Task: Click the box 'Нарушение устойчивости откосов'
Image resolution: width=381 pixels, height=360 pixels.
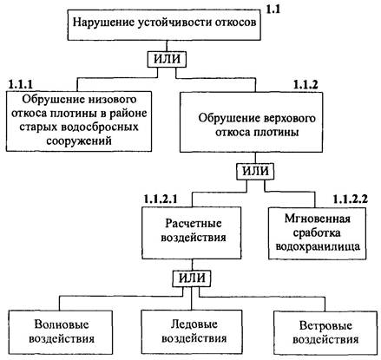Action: (164, 25)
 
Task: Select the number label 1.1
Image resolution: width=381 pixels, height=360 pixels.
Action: (273, 10)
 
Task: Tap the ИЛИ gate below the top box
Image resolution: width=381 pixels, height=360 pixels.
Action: (167, 59)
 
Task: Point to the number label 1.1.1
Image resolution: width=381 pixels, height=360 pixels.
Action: (21, 84)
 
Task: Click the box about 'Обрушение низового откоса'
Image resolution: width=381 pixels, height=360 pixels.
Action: (79, 121)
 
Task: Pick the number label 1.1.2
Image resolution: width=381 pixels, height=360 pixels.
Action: (305, 84)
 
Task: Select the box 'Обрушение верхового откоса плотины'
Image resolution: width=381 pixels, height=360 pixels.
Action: (251, 122)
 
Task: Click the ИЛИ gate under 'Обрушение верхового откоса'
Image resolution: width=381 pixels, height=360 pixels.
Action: (255, 172)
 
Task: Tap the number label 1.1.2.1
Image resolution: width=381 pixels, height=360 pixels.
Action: (161, 199)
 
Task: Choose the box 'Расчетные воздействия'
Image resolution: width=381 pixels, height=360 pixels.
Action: (192, 232)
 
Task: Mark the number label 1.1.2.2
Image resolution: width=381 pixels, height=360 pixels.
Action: (351, 200)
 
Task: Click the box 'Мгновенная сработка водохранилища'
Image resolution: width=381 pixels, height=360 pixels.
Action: (318, 233)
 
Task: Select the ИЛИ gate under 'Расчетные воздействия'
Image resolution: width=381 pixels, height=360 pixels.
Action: (192, 278)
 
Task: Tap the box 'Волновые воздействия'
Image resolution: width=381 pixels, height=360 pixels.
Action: (61, 332)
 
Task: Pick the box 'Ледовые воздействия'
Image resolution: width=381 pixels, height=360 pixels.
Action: (192, 332)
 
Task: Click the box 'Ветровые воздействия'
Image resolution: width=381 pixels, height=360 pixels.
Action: (325, 333)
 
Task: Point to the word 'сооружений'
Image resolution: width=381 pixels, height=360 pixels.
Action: (79, 141)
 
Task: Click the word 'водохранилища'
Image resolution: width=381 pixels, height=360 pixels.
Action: (318, 246)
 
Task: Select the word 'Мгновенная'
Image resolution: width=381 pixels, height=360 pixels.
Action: (318, 219)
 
